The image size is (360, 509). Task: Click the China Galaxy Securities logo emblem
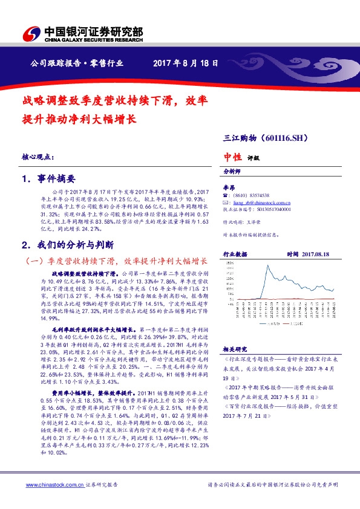click(x=29, y=34)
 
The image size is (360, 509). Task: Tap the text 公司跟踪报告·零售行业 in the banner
click(x=77, y=63)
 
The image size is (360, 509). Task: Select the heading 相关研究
click(x=234, y=349)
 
